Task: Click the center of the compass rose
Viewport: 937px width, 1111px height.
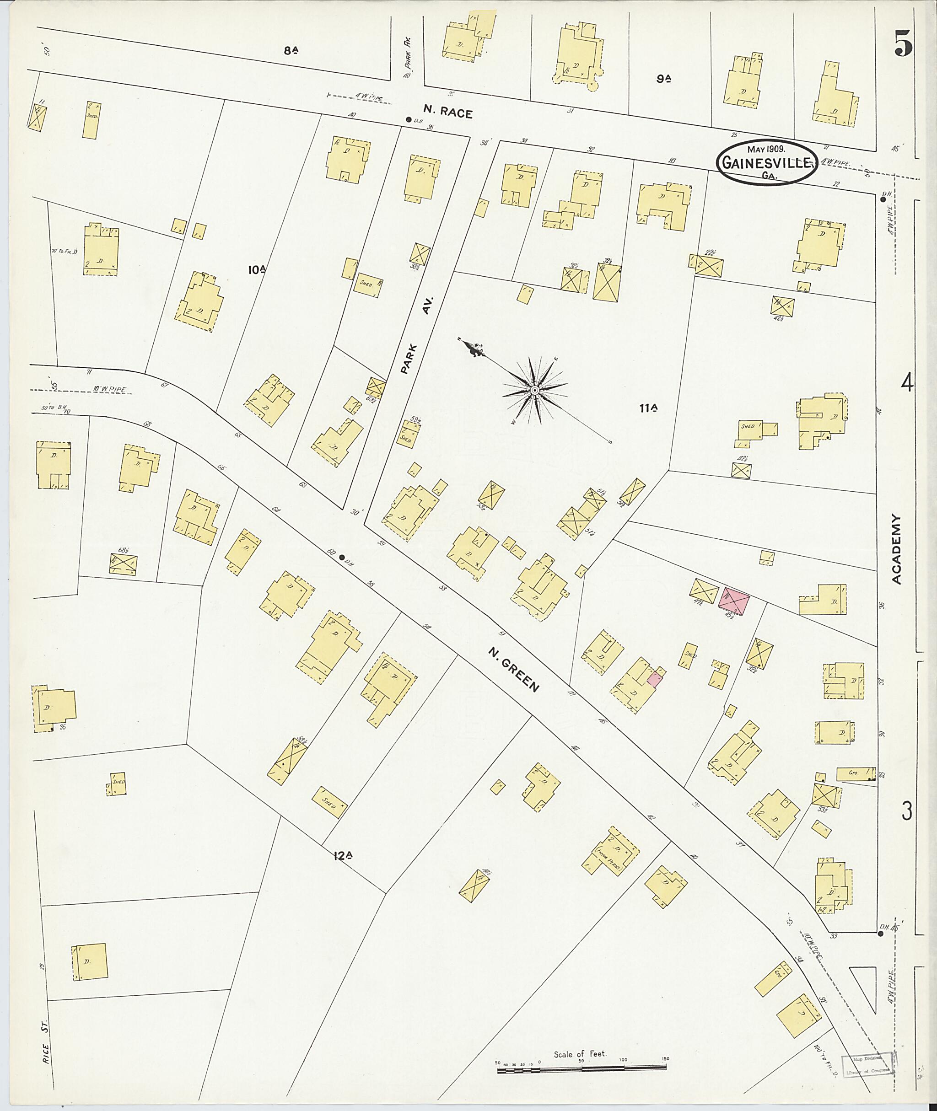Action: [x=535, y=391]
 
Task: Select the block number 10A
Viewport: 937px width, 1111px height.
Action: [x=257, y=270]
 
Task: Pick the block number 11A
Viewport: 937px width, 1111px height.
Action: [x=649, y=408]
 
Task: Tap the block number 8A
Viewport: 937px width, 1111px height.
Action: [x=291, y=51]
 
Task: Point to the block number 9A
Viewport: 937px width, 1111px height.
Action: [x=663, y=79]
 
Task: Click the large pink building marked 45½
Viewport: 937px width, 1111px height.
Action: [x=733, y=602]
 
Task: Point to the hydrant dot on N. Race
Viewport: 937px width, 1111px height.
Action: [x=408, y=119]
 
